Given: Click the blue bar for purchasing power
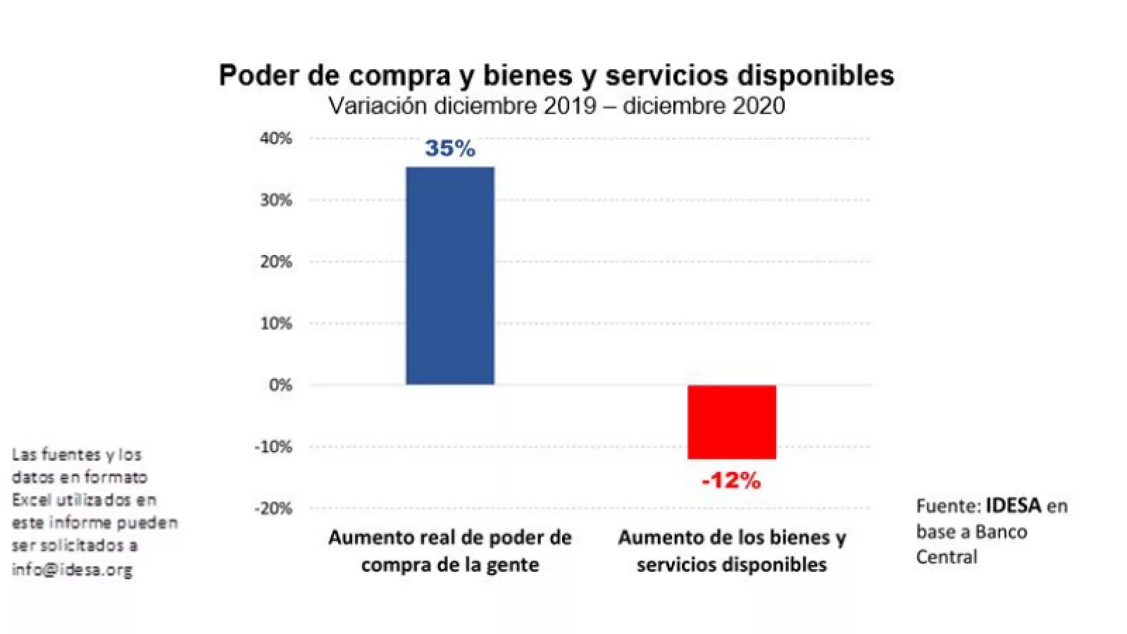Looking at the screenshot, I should pos(450,275).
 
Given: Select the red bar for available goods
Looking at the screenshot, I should pos(732,422).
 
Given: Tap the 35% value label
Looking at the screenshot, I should pos(450,149).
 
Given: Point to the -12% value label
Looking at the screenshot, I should pos(731,481).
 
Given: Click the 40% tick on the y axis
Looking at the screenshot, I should pos(276,139).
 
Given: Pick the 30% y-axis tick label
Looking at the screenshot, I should pos(276,200).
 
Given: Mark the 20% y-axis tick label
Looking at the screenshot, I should pos(276,262).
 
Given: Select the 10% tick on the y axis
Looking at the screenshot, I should pos(276,324).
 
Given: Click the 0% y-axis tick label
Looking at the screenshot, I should pos(280,385).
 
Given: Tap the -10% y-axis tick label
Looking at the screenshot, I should pos(273,447).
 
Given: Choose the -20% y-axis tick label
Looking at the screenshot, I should pos(273,509).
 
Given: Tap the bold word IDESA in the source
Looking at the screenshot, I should pos(1013,506).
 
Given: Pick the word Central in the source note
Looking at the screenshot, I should pos(947,557).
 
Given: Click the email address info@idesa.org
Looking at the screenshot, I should pos(72,569).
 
